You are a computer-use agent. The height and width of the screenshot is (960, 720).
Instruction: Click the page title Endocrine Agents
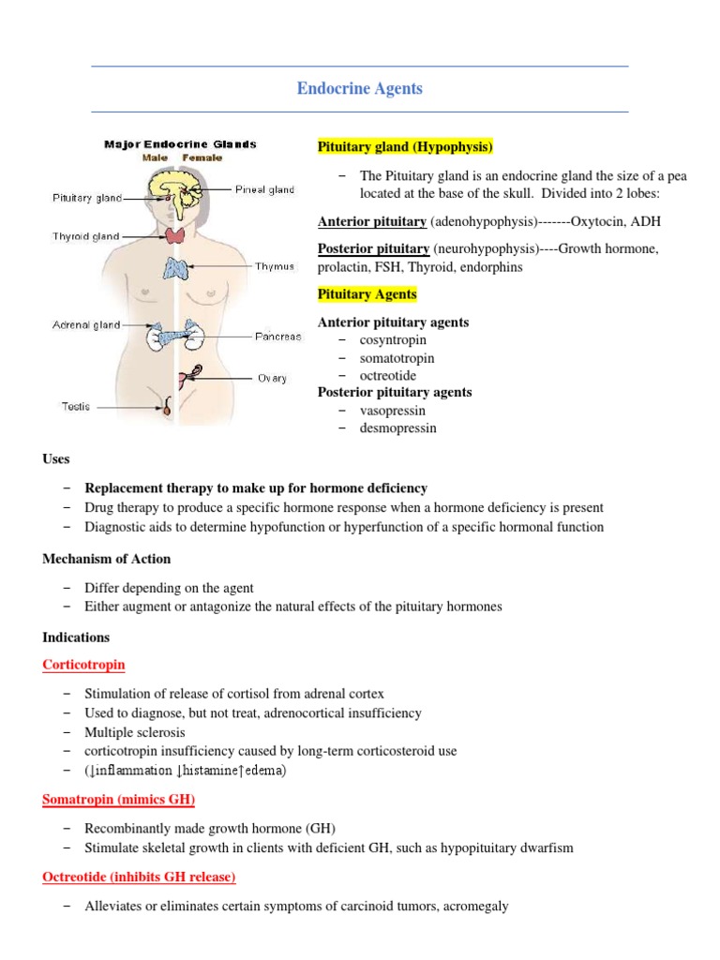click(359, 89)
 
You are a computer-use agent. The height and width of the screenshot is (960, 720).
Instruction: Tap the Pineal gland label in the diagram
click(264, 189)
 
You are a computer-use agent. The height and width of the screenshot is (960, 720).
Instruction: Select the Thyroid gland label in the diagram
click(85, 237)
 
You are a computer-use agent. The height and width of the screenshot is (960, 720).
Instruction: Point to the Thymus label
click(275, 266)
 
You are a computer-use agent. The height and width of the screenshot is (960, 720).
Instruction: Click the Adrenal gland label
click(85, 325)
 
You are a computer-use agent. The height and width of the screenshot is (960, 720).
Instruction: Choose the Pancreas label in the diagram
click(277, 337)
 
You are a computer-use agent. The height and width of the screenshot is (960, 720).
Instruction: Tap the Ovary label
click(272, 379)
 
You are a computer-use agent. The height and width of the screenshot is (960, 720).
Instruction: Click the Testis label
click(75, 407)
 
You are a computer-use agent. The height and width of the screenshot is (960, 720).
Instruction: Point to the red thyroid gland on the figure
click(175, 234)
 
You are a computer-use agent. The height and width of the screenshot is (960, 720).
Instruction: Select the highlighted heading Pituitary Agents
click(367, 294)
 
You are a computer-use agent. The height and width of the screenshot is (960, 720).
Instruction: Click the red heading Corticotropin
click(83, 665)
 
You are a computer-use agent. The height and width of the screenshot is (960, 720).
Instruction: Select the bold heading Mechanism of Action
click(107, 559)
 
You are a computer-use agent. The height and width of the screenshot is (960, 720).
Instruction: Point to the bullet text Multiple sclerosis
click(135, 731)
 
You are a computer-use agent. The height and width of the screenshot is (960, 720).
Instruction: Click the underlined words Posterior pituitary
click(372, 248)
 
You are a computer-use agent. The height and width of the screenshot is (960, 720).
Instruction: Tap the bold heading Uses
click(56, 458)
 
